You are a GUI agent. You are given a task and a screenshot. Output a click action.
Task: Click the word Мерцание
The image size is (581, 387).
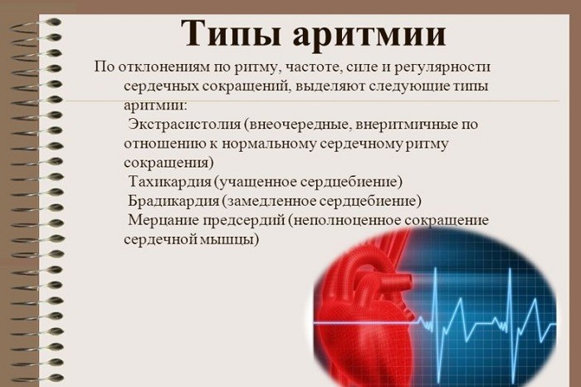[x=162, y=220]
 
